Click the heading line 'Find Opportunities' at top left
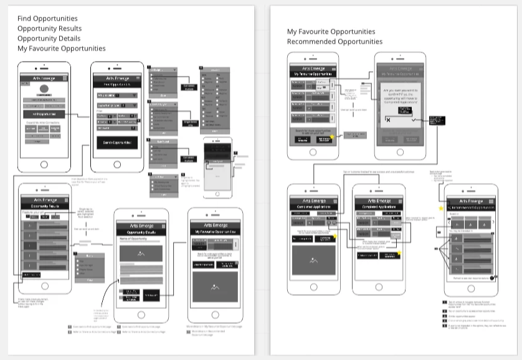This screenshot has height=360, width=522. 47,19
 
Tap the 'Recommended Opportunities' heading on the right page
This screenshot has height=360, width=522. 335,42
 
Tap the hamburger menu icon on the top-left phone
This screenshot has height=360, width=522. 65,78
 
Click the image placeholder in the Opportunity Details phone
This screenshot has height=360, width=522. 141,253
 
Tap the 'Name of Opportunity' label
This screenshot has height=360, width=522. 132,239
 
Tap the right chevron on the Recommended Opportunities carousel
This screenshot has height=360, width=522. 493,222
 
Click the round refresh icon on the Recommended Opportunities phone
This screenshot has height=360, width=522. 493,277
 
